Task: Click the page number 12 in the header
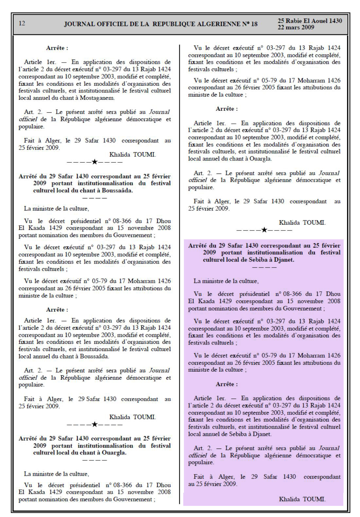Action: pyautogui.click(x=22, y=23)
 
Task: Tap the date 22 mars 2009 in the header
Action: pyautogui.click(x=296, y=27)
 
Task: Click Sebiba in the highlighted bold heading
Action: pyautogui.click(x=249, y=260)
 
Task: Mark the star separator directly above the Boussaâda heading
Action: pyautogui.click(x=95, y=162)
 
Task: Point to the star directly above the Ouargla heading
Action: pyautogui.click(x=95, y=424)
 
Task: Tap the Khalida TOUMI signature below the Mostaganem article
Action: pyautogui.click(x=133, y=155)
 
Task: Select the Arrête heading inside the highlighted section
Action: pyautogui.click(x=227, y=384)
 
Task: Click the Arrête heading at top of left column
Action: pyautogui.click(x=57, y=48)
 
